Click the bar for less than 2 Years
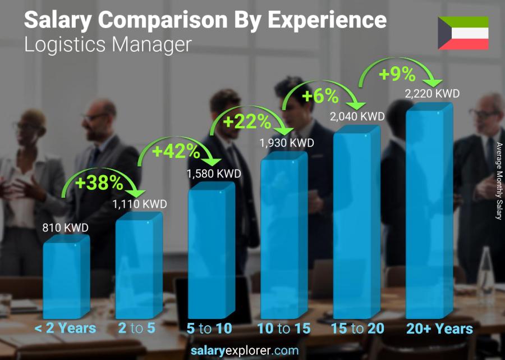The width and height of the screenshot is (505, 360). (66, 278)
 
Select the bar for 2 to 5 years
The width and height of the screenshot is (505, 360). (138, 267)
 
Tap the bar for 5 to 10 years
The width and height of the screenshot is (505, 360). (210, 253)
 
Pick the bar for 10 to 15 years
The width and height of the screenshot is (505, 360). (283, 236)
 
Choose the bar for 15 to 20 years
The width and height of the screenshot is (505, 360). (356, 222)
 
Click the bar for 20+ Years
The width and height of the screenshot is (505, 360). (429, 211)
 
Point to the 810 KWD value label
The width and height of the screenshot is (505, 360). (66, 228)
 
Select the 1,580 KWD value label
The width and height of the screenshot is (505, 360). (214, 174)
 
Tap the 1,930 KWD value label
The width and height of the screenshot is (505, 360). (286, 143)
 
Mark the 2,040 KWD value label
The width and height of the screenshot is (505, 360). (357, 116)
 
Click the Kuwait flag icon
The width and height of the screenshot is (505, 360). (463, 33)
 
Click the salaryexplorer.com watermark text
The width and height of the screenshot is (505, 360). (252, 351)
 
